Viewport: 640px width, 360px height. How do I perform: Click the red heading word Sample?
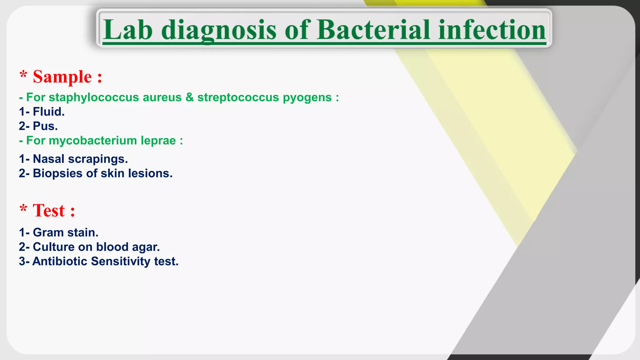(62, 77)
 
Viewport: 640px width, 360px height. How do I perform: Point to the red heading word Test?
(49, 211)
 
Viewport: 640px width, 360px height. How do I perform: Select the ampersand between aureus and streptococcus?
(189, 97)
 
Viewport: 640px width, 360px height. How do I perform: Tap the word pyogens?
(307, 97)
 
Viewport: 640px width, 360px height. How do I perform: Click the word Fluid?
(48, 112)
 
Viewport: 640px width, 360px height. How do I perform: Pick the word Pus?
(45, 126)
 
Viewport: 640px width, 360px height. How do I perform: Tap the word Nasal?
(48, 159)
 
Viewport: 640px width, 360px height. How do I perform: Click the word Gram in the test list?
(48, 232)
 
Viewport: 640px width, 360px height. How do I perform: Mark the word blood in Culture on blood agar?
(112, 247)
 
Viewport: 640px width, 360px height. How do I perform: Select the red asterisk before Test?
(23, 208)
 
